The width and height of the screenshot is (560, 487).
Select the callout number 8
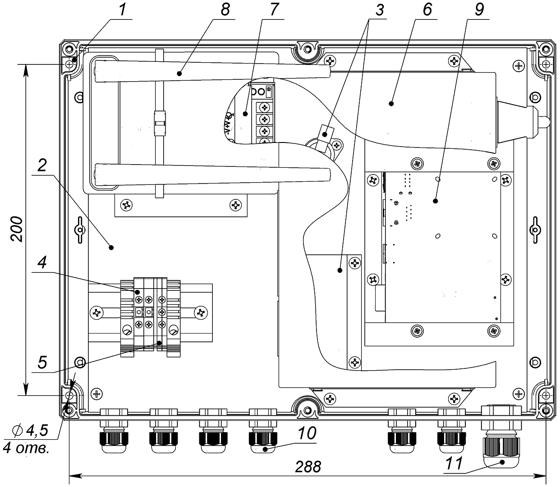click(x=225, y=11)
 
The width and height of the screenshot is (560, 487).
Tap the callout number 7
click(x=275, y=11)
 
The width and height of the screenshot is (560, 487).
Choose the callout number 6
click(x=427, y=11)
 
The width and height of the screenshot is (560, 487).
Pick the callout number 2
click(x=41, y=167)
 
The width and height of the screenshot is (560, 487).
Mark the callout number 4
click(x=41, y=264)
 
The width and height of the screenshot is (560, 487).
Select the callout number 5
click(x=41, y=362)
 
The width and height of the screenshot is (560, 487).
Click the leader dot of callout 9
click(x=436, y=201)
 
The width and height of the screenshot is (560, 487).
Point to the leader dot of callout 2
click(x=111, y=247)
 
